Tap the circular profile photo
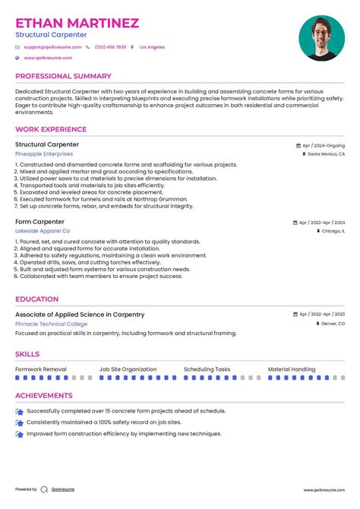pos(321,39)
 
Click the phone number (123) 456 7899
pos(110,47)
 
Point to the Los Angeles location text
pos(152,47)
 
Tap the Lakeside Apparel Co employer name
pos(43,230)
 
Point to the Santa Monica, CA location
pos(326,153)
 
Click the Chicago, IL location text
pos(332,230)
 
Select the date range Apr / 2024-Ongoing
pos(323,144)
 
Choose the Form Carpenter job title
pos(40,222)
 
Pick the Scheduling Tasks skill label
pos(207,369)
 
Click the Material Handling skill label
pos(292,369)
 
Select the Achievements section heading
pos(44,395)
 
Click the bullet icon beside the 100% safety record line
pos(19,422)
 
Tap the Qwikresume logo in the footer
pos(44,489)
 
